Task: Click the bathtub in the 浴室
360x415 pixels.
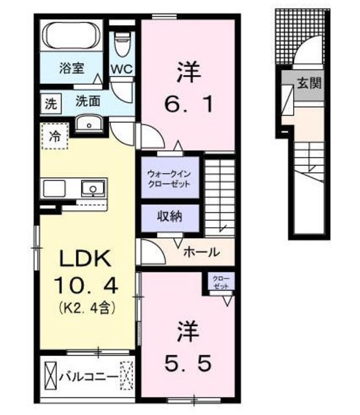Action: tap(71, 36)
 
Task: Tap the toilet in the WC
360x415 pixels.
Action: tap(122, 45)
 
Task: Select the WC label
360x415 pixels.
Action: tap(121, 69)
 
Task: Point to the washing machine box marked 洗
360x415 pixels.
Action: tap(51, 104)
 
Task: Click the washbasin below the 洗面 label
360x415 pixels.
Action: tap(89, 123)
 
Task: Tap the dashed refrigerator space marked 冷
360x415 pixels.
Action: tap(55, 137)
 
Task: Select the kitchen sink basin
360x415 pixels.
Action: tap(93, 189)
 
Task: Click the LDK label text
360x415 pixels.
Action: tap(85, 259)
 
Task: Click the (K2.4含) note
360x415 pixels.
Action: tap(86, 307)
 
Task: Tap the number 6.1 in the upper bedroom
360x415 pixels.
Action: tap(189, 104)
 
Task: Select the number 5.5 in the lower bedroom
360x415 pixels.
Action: tap(188, 363)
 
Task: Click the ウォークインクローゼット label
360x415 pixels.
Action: tap(169, 179)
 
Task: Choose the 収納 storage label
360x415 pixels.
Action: tap(170, 217)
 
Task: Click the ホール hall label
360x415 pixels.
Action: tap(202, 252)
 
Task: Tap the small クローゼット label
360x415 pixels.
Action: tap(221, 282)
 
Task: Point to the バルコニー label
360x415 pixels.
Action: tap(88, 377)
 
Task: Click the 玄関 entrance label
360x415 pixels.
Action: tap(309, 83)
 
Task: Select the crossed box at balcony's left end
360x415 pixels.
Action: tap(51, 375)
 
